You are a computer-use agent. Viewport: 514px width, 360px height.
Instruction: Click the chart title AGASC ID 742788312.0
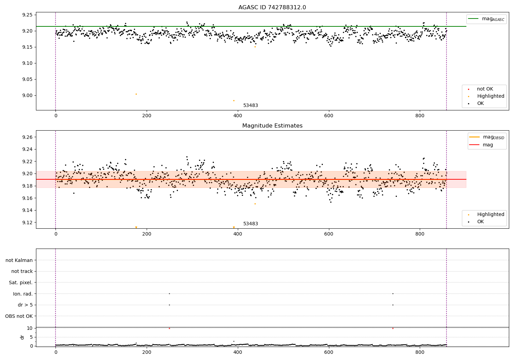pyautogui.click(x=272, y=8)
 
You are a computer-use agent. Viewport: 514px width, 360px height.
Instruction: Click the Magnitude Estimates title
pyautogui.click(x=272, y=126)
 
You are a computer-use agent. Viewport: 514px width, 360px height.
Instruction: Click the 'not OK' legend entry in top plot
pyautogui.click(x=485, y=89)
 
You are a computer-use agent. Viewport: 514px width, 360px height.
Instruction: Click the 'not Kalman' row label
pyautogui.click(x=19, y=260)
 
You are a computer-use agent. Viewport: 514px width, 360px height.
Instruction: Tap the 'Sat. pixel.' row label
pyautogui.click(x=21, y=283)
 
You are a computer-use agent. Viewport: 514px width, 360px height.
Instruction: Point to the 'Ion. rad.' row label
pyautogui.click(x=23, y=294)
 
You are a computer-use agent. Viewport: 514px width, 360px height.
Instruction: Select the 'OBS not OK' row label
pyautogui.click(x=19, y=316)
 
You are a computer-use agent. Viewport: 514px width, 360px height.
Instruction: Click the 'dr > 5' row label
pyautogui.click(x=25, y=305)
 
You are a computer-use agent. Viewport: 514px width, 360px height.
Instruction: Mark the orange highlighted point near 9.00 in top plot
pyautogui.click(x=136, y=94)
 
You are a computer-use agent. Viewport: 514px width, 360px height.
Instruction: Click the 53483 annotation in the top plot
pyautogui.click(x=250, y=106)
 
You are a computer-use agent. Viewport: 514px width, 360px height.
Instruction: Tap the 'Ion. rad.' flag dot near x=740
pyautogui.click(x=393, y=293)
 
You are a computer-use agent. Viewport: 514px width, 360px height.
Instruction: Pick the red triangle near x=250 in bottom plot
pyautogui.click(x=169, y=328)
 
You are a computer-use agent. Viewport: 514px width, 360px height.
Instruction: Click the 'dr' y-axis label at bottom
pyautogui.click(x=22, y=337)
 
